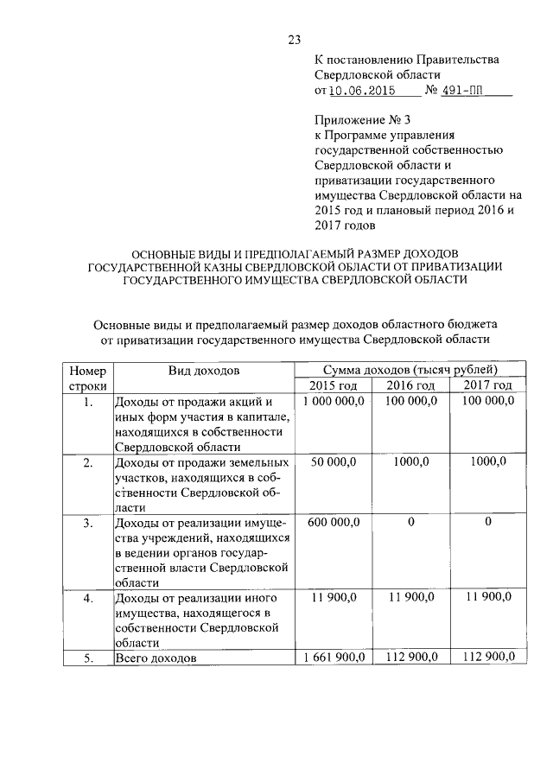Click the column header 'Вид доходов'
(204, 371)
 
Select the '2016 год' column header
(410, 385)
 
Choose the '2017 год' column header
(487, 385)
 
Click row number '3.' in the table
(87, 523)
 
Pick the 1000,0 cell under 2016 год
(411, 463)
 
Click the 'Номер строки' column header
(87, 378)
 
